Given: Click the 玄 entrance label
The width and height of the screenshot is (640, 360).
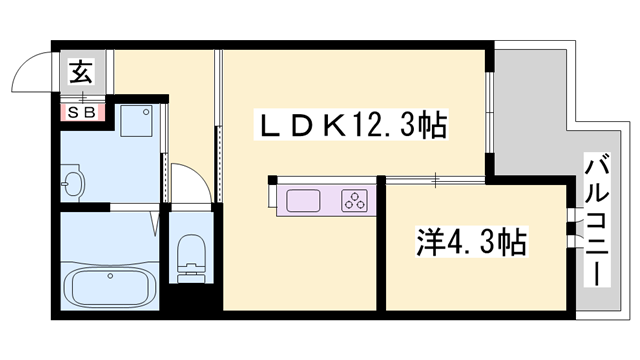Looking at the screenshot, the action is [79, 72].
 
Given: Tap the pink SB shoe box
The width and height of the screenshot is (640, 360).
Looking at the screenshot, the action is [80, 112].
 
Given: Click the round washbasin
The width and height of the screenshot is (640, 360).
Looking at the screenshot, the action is [72, 184].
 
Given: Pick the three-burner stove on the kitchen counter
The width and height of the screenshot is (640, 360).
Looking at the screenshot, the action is [354, 199].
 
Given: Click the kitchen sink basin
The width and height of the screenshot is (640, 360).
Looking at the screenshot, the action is [304, 199].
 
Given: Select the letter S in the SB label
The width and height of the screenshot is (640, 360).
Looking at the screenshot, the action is [72, 112].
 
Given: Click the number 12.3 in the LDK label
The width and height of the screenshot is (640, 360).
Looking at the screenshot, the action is [385, 127].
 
